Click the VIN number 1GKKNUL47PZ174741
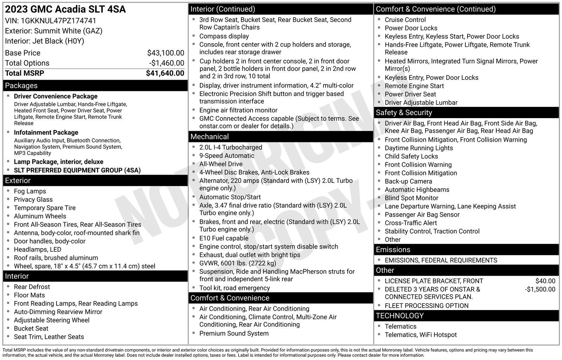point(58,21)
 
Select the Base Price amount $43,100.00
point(165,53)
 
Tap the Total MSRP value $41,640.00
point(165,73)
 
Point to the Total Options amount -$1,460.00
point(166,63)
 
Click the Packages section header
point(21,85)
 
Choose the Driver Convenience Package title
point(55,96)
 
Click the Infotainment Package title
point(46,133)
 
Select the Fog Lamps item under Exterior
point(30,191)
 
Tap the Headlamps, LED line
point(37,250)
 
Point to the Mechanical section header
point(209,137)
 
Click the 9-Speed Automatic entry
point(227,156)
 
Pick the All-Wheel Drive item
point(221,164)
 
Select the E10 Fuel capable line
point(224,238)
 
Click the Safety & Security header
point(404,113)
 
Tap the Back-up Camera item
point(408,181)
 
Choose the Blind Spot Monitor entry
point(411,198)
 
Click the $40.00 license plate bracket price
point(545,281)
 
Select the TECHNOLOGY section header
point(399,316)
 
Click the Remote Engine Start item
point(414,86)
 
